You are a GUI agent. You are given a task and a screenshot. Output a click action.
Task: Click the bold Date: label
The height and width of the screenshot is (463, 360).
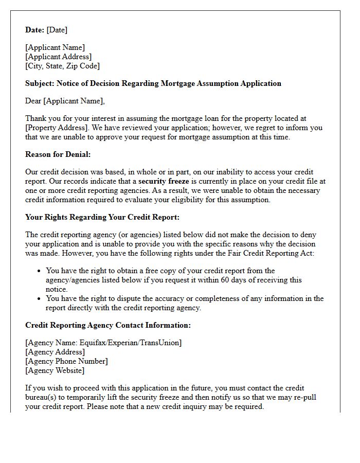coord(35,30)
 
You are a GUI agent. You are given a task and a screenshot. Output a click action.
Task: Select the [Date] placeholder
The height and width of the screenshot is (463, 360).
coord(57,30)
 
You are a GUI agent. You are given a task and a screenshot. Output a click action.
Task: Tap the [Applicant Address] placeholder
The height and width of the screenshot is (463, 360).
coord(59,57)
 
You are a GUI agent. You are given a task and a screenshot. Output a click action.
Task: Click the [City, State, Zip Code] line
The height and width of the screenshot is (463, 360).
coord(62,66)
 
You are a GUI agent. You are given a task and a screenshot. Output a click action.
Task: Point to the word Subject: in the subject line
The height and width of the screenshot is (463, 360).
coord(40,83)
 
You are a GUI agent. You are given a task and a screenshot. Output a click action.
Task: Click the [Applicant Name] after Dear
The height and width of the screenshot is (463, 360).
coord(74,101)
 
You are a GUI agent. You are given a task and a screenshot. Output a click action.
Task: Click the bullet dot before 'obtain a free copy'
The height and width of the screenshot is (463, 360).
coord(39,271)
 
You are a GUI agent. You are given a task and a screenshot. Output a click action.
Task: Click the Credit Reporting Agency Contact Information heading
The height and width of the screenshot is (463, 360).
coord(108,325)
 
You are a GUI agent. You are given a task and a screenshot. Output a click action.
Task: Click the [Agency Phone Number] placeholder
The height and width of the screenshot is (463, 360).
coord(66,361)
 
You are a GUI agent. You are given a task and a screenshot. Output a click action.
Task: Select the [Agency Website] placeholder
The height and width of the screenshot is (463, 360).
coord(55,370)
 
